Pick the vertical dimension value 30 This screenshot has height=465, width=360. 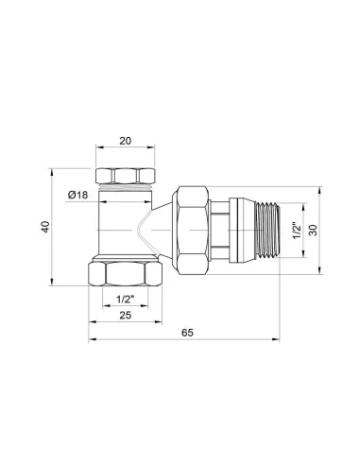pyautogui.click(x=314, y=230)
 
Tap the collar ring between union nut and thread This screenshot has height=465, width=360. pyautogui.click(x=227, y=231)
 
